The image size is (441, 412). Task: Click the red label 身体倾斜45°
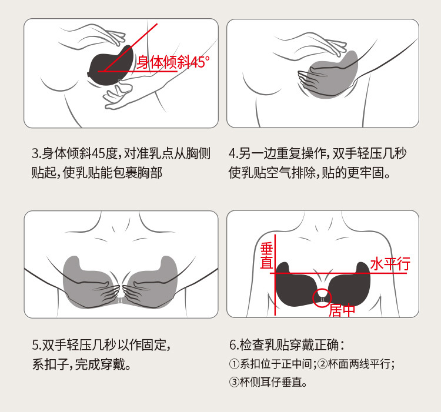[173, 62]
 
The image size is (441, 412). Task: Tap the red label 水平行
[390, 264]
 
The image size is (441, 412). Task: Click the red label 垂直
[266, 256]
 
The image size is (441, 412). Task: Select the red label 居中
[342, 310]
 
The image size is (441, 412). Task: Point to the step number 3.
[35, 153]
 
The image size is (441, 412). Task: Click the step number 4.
[233, 153]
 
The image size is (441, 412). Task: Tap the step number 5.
[35, 346]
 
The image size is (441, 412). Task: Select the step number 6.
[233, 345]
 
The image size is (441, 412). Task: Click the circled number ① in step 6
[234, 364]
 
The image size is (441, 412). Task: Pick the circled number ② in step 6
[323, 364]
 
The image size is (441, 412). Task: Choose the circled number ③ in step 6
[234, 382]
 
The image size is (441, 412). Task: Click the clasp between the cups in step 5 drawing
[121, 300]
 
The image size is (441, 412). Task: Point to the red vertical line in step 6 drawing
[275, 275]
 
